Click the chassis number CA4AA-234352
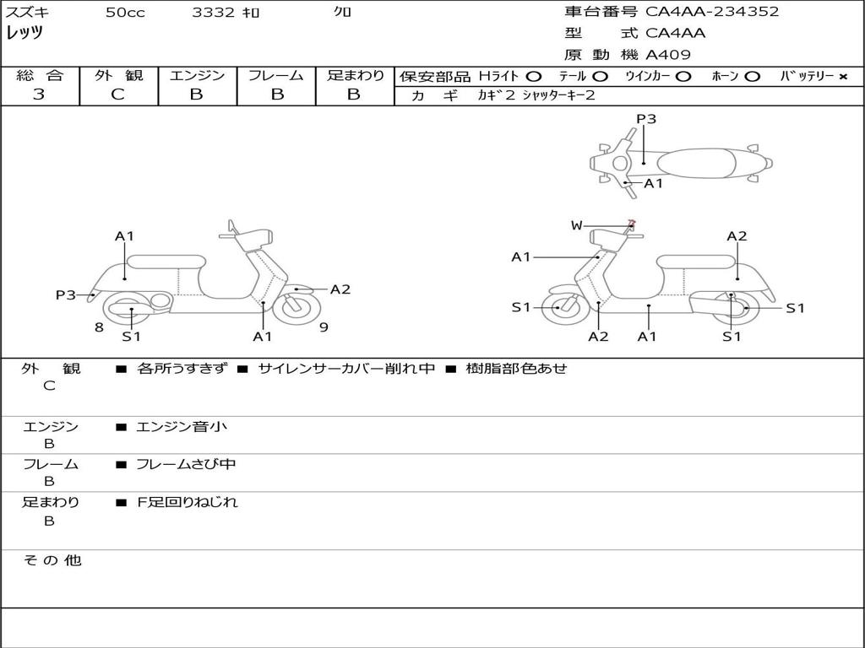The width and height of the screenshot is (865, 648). pyautogui.click(x=712, y=12)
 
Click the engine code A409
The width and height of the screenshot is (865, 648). pyautogui.click(x=667, y=55)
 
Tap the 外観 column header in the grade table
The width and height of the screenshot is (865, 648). pyautogui.click(x=118, y=75)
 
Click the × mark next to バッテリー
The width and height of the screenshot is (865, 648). pyautogui.click(x=843, y=77)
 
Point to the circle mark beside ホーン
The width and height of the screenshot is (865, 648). pyautogui.click(x=752, y=77)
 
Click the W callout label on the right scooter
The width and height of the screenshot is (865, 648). pyautogui.click(x=576, y=225)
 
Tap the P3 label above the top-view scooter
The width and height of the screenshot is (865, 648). pyautogui.click(x=646, y=119)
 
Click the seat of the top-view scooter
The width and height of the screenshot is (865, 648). pyautogui.click(x=696, y=164)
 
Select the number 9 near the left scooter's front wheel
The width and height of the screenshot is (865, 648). pyautogui.click(x=324, y=327)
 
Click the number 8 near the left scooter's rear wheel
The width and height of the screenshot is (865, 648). pyautogui.click(x=99, y=327)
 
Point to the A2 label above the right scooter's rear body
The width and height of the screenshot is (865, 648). pyautogui.click(x=737, y=236)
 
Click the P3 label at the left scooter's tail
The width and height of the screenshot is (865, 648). pyautogui.click(x=66, y=294)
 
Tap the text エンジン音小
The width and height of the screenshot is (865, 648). pyautogui.click(x=182, y=426)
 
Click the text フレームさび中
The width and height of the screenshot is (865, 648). pyautogui.click(x=186, y=464)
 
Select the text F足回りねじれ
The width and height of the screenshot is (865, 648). pyautogui.click(x=188, y=502)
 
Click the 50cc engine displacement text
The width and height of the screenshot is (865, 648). pyautogui.click(x=125, y=12)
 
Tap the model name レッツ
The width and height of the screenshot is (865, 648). pyautogui.click(x=24, y=33)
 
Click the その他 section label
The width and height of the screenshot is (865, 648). pyautogui.click(x=52, y=560)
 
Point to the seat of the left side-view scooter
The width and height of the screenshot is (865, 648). pyautogui.click(x=166, y=262)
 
